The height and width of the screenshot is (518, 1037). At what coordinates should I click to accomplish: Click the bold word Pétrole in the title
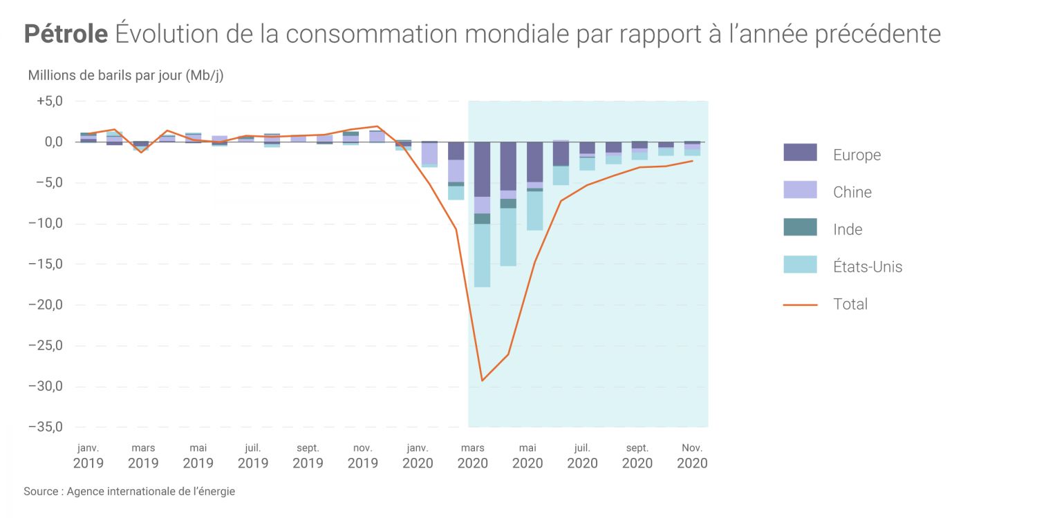66,34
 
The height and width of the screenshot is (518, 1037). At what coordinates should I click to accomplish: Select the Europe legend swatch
800,153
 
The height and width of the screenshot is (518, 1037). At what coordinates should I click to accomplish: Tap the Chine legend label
852,192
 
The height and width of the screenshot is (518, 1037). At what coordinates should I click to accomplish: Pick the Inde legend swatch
800,227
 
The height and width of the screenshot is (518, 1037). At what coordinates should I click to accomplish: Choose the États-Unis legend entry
868,267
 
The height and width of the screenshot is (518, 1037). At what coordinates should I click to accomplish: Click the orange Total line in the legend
800,305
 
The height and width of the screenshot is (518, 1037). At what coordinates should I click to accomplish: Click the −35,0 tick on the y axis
46,427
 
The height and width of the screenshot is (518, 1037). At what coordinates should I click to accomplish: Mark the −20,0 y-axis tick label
46,305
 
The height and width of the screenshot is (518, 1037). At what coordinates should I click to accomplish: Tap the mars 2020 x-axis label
473,456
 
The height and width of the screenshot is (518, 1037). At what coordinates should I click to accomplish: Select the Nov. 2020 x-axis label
692,456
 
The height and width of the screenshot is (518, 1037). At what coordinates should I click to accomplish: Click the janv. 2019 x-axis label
88,456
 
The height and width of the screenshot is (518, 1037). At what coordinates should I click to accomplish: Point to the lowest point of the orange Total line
482,380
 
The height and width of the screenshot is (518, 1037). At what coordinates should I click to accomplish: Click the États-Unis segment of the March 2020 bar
482,256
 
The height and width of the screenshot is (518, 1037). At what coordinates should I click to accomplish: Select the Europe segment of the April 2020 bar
508,166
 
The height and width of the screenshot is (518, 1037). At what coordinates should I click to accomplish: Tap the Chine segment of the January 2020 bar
429,153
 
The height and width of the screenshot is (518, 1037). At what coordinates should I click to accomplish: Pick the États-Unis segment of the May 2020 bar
534,211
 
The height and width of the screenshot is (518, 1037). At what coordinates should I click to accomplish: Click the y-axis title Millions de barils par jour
125,75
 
